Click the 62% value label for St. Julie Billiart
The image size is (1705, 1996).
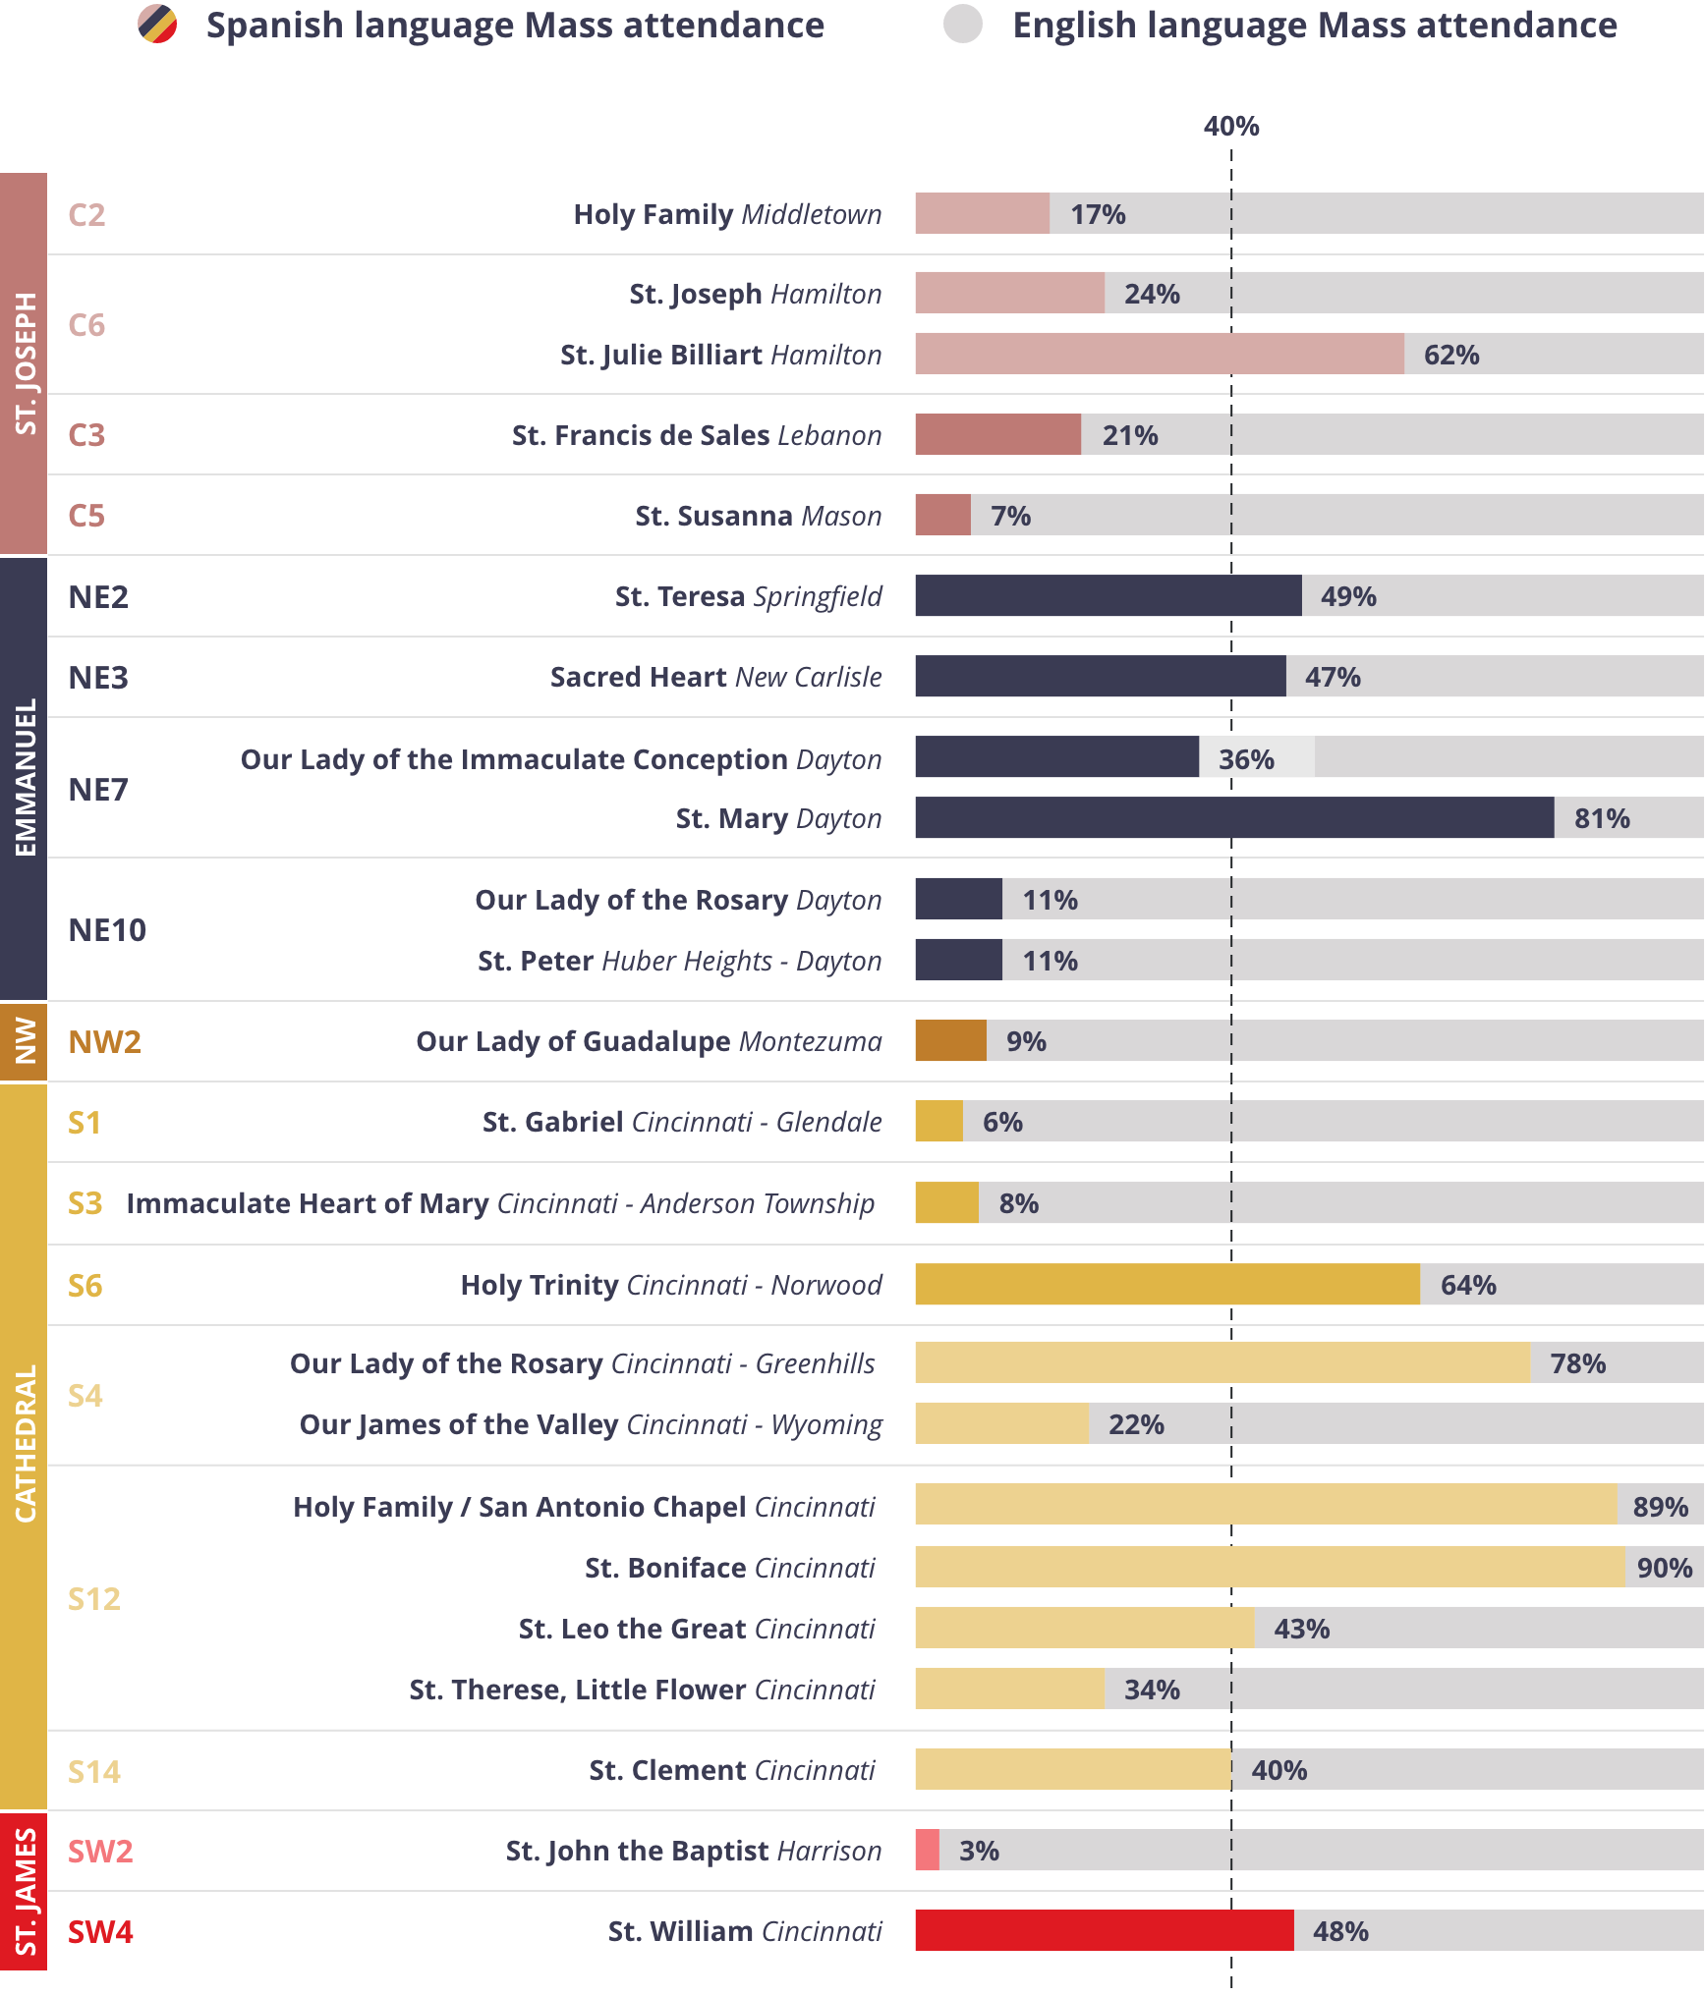click(1451, 355)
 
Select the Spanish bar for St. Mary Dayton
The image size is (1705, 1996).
click(1233, 818)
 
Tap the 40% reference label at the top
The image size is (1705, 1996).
click(1231, 127)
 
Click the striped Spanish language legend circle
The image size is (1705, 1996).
click(157, 25)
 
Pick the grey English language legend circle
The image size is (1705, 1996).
click(963, 25)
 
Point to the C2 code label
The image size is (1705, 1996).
click(87, 215)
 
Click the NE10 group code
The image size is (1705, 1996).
click(107, 930)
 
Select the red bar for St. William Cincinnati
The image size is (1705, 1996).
click(1104, 1931)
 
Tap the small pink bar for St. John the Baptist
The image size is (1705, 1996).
click(927, 1851)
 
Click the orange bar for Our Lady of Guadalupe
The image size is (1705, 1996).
click(950, 1041)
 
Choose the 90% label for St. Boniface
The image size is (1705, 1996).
click(1664, 1568)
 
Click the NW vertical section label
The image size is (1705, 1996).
click(24, 1041)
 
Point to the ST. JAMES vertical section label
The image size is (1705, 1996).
click(24, 1891)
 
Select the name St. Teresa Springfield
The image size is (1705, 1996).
click(748, 597)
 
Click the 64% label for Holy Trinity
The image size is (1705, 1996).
click(1468, 1285)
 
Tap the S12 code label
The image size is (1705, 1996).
click(94, 1599)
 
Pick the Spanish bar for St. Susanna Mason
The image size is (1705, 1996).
click(942, 516)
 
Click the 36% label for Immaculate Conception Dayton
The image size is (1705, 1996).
click(1246, 759)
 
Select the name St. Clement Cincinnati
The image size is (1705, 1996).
click(731, 1770)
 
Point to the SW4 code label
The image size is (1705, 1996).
click(100, 1932)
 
